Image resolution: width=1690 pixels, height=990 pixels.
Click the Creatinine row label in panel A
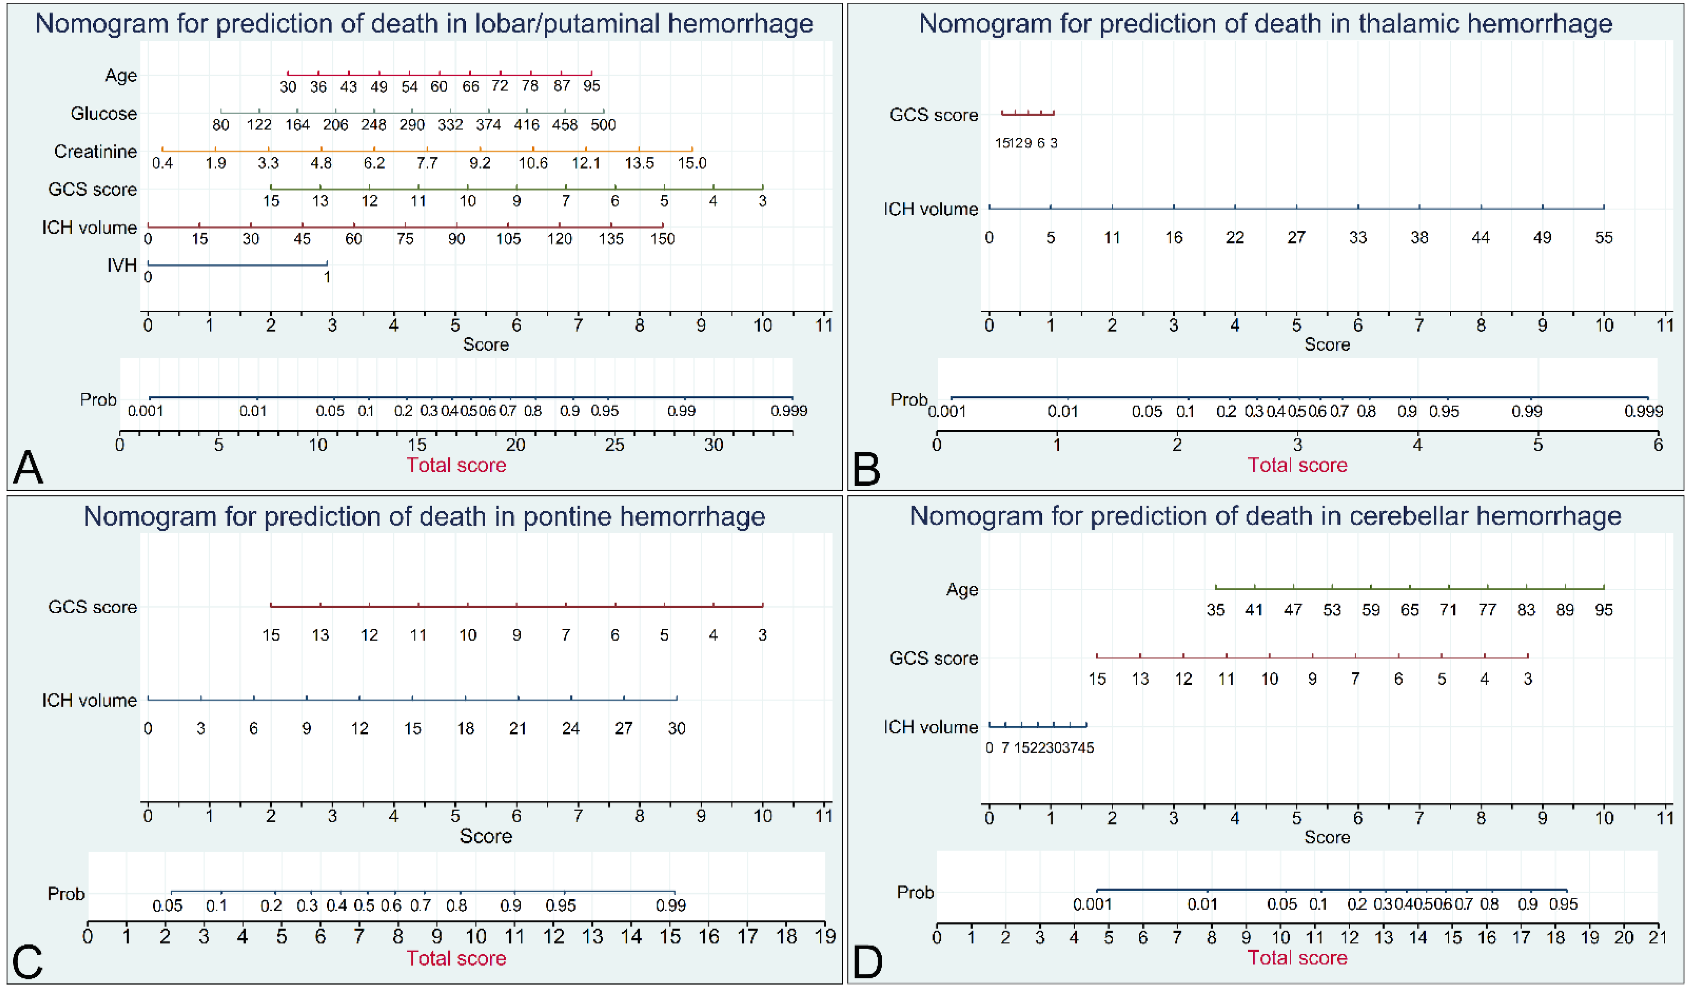[95, 151]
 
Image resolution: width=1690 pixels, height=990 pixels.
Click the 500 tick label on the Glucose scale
[603, 125]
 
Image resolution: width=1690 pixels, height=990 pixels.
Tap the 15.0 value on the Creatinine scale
[691, 163]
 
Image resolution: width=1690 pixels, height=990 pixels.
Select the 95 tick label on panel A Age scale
[591, 86]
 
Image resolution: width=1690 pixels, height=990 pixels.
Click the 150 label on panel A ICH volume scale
[662, 239]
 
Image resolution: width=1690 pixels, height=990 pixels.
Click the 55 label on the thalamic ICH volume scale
[1603, 237]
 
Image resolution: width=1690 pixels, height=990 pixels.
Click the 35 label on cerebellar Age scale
[1215, 610]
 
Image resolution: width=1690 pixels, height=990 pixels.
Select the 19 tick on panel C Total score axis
[825, 936]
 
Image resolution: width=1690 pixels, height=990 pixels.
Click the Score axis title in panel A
[486, 345]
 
